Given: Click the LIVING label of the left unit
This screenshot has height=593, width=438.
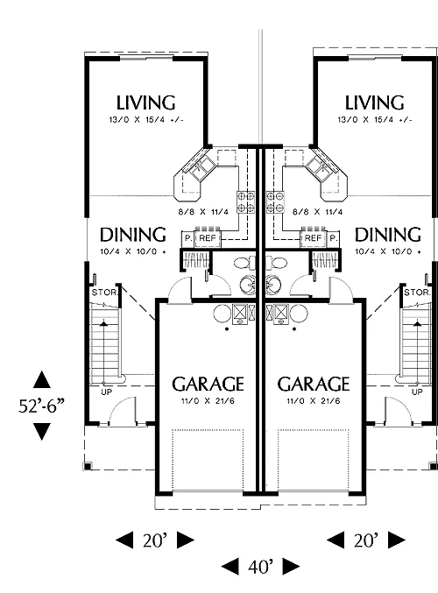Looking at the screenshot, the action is click(145, 102).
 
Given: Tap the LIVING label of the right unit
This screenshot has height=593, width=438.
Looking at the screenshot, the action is click(374, 102).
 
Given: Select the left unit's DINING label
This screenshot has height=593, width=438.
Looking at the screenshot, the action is click(133, 235).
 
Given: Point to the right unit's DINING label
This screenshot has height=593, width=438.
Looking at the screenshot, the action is click(388, 235).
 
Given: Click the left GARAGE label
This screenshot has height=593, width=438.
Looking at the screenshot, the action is click(208, 384).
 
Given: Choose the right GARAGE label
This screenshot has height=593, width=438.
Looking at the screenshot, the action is click(314, 384).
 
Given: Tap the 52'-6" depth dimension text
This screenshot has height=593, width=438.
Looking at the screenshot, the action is click(41, 406).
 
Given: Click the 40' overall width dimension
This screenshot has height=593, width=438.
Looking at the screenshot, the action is click(260, 566).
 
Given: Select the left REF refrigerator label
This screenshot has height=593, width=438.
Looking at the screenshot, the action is click(208, 238).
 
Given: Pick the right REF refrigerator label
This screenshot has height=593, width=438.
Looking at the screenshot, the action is click(313, 238).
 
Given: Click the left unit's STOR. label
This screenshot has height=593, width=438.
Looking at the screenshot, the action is click(105, 293).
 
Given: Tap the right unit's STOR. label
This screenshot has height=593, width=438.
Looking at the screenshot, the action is click(417, 293).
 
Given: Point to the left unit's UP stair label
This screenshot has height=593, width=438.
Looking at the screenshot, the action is click(107, 392).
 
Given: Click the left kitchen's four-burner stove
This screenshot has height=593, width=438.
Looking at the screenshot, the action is click(246, 202).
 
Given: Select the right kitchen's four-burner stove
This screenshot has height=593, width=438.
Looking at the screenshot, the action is click(275, 202).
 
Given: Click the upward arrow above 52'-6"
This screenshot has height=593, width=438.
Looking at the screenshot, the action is click(41, 379).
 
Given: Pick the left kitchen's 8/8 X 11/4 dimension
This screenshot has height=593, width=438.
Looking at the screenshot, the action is click(203, 212).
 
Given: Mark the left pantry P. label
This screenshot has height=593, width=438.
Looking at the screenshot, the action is click(188, 238).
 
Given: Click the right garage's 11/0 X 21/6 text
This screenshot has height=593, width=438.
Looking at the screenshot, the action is click(314, 400).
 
